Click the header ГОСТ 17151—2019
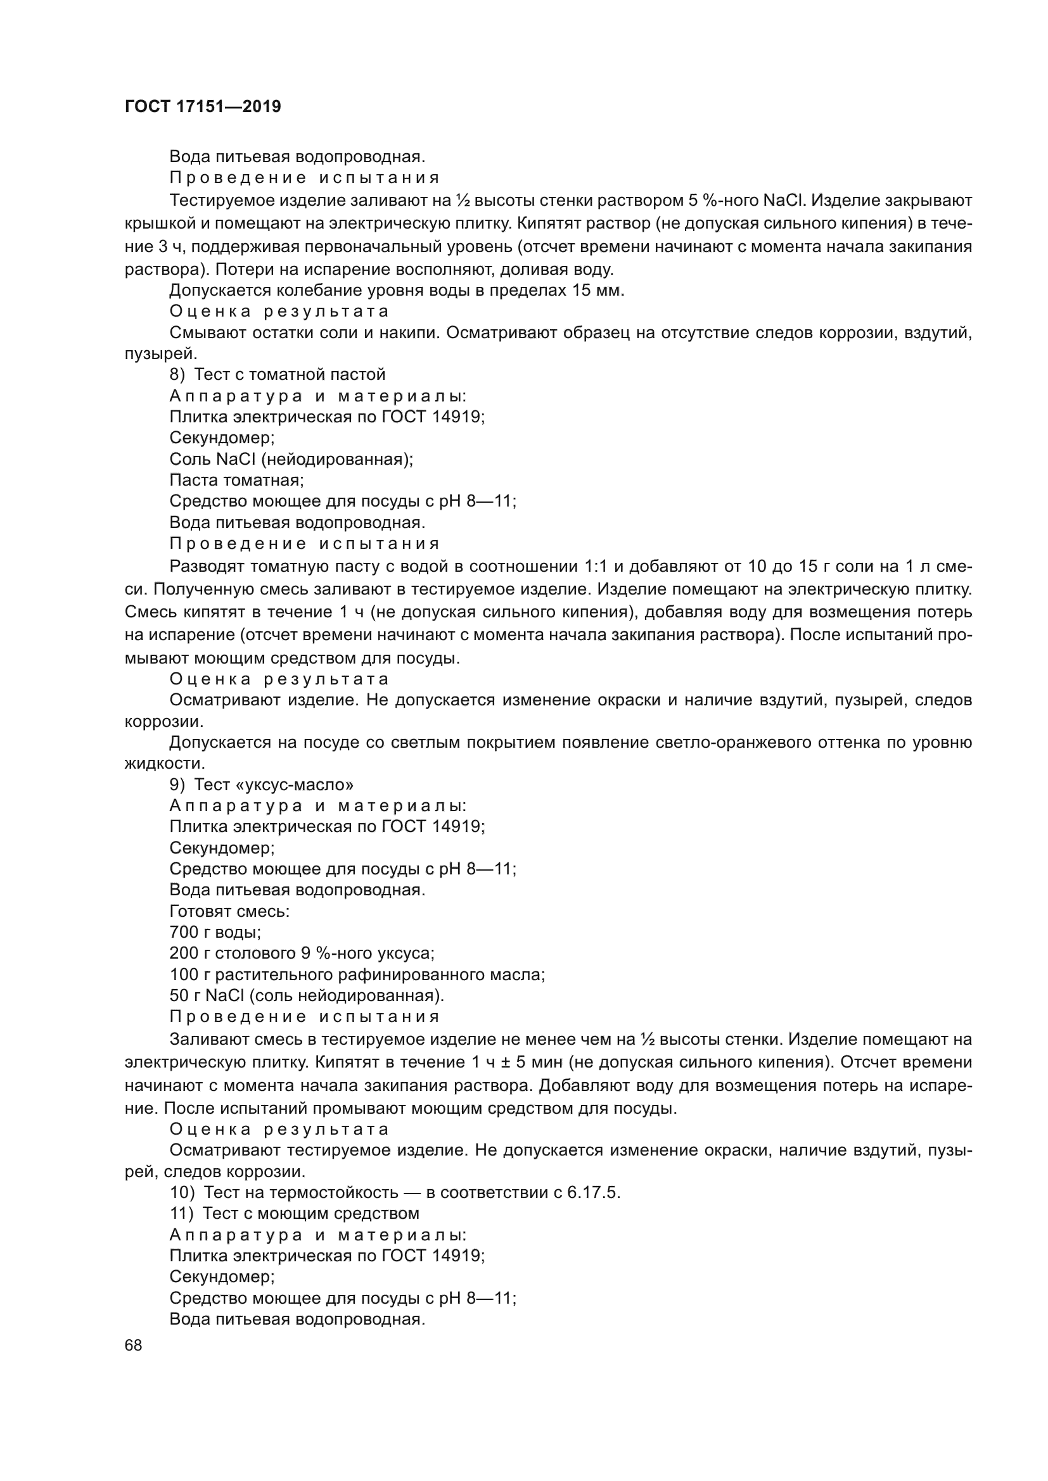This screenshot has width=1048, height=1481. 203,107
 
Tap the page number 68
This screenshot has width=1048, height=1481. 134,1346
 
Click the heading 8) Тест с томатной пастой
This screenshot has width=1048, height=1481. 278,374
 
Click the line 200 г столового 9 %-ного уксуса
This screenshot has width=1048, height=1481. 302,954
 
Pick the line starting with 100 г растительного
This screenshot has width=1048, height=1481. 357,974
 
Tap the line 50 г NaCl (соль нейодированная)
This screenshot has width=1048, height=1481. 307,996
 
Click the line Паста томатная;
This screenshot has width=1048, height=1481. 236,480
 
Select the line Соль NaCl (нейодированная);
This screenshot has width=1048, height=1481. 291,459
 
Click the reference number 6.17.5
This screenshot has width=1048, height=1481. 592,1193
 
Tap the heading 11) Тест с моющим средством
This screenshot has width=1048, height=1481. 294,1213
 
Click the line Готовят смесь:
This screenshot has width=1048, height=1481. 229,911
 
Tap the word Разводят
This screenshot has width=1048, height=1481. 206,567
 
